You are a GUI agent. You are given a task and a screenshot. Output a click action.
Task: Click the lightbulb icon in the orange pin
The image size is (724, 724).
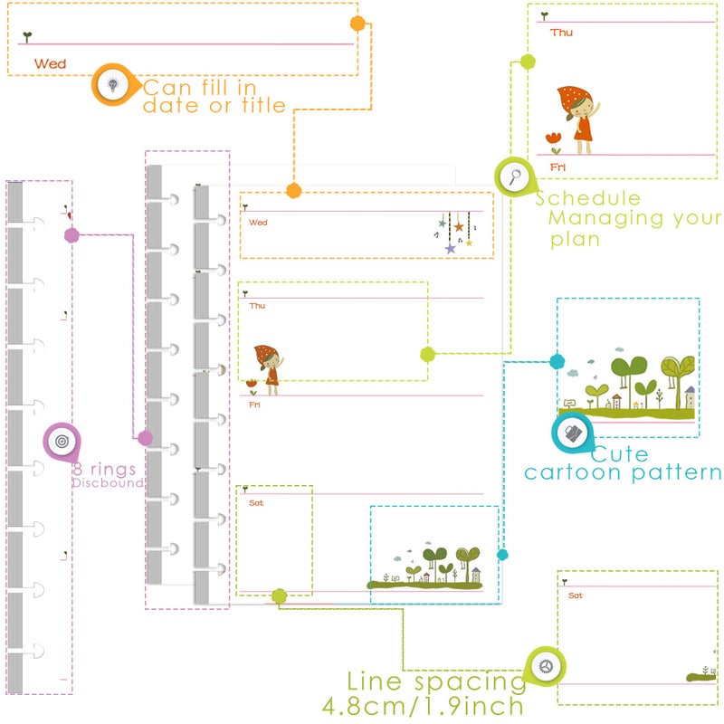pos(112,84)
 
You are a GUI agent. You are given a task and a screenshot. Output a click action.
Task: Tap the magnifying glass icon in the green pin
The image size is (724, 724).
pos(515,176)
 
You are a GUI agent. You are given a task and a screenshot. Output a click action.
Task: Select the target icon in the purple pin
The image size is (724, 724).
pos(62,442)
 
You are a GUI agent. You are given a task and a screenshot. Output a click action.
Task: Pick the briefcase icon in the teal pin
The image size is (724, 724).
pos(573,433)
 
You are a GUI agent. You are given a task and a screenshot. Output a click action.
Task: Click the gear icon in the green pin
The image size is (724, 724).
pos(546,666)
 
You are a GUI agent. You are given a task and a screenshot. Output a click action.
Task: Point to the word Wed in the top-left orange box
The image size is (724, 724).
pos(51,63)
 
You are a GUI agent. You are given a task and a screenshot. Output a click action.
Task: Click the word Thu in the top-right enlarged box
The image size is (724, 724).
pos(561,33)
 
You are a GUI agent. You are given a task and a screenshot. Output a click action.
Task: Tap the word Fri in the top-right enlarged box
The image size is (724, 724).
pos(557,167)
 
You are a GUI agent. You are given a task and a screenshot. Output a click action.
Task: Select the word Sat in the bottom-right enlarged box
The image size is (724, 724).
pos(576,595)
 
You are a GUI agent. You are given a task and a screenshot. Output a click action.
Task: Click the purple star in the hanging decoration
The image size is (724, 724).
pos(450,249)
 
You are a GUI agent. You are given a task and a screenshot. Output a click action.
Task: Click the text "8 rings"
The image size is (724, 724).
pos(104,469)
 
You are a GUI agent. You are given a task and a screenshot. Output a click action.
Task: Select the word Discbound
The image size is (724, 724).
pos(108,483)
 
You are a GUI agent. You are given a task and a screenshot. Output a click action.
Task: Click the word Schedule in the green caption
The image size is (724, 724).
pos(587,198)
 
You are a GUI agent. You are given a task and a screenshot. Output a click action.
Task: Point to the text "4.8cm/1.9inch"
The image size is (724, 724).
pos(423,706)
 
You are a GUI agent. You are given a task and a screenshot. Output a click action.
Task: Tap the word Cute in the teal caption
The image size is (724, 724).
pos(620,454)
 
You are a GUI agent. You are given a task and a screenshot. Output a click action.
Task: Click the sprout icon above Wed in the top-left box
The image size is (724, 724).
pos(28,37)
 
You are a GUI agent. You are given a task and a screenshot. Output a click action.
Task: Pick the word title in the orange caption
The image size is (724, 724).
pos(263,106)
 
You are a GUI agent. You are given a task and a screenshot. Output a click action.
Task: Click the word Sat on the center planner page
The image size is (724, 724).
pos(256,503)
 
